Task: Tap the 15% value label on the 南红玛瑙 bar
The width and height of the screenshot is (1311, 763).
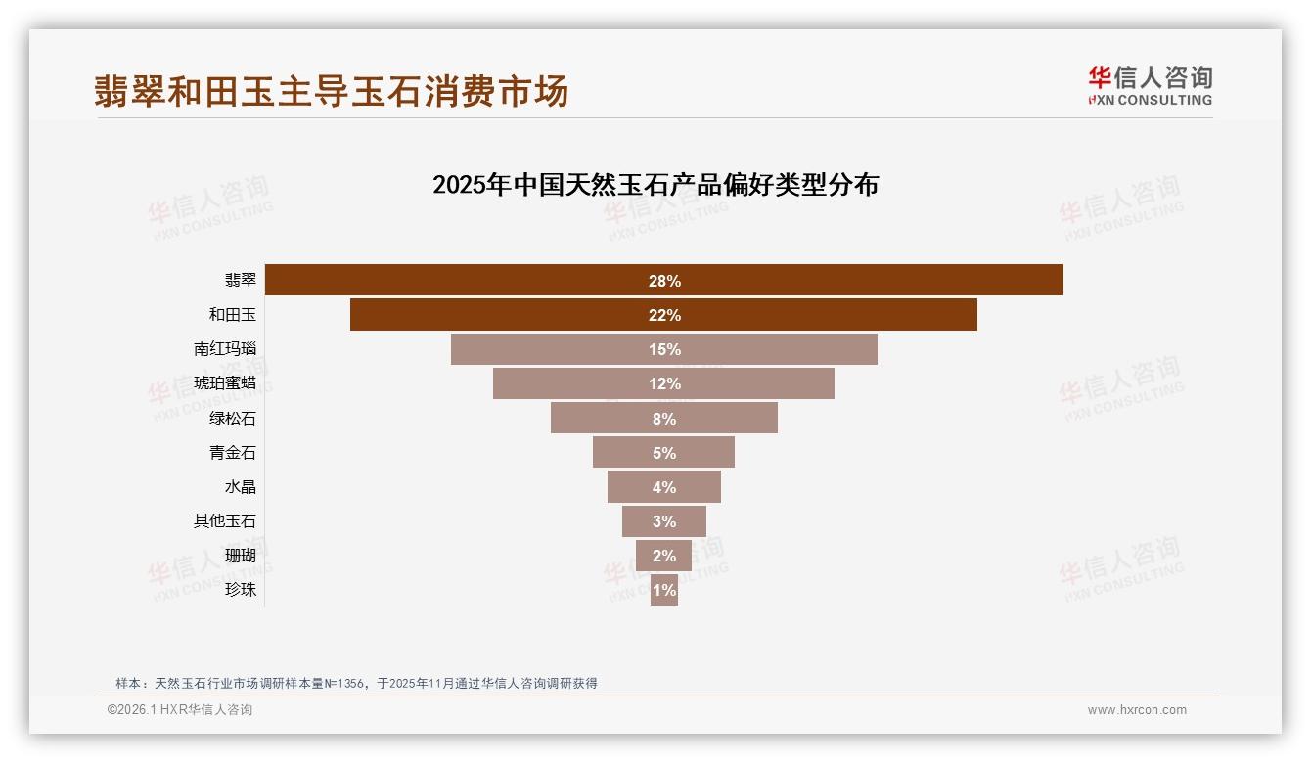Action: click(x=664, y=349)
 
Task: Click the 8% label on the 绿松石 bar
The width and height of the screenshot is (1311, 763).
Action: click(x=664, y=419)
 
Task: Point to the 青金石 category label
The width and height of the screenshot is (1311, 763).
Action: click(x=233, y=453)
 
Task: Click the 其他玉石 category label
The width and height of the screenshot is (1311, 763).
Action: click(x=225, y=521)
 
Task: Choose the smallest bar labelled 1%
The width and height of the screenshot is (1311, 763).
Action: click(x=664, y=590)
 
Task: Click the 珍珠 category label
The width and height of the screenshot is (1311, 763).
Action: click(x=241, y=590)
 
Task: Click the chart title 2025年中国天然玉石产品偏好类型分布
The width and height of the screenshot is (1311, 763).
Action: click(x=655, y=185)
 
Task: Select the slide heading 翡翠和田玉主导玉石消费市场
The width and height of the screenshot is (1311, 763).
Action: click(x=331, y=91)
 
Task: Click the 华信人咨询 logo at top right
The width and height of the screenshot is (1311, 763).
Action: click(x=1150, y=85)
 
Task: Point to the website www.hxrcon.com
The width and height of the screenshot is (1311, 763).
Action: click(x=1137, y=710)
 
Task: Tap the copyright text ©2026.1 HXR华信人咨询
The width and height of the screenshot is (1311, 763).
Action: click(x=180, y=710)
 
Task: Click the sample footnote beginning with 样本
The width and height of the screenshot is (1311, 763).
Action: click(x=356, y=684)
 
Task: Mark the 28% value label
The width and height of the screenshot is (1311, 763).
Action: click(x=664, y=281)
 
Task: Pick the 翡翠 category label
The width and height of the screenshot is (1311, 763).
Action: click(x=241, y=281)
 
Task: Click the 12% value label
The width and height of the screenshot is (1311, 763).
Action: click(x=664, y=383)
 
